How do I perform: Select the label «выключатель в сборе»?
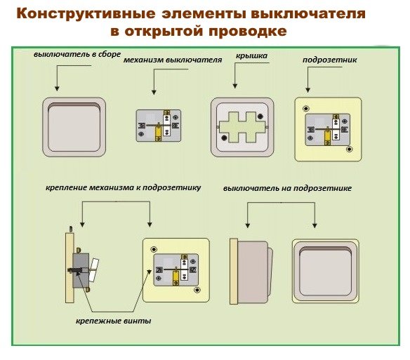(x=77, y=54)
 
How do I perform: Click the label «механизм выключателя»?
(x=173, y=60)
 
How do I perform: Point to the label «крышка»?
(x=251, y=56)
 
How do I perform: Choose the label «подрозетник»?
(x=329, y=60)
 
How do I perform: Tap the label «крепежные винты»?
(x=114, y=321)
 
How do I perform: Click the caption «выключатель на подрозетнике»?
(x=287, y=188)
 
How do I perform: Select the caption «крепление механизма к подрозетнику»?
(x=124, y=187)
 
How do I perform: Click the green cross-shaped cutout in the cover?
(x=242, y=127)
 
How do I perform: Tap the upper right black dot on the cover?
(x=260, y=116)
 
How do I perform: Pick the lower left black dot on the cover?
(x=224, y=138)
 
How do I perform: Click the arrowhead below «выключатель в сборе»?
(x=57, y=88)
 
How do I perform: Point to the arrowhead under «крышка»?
(x=234, y=86)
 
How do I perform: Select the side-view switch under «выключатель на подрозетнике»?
(x=251, y=271)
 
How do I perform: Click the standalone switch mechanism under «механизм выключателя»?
(x=159, y=126)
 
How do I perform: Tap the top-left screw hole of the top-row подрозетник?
(x=305, y=109)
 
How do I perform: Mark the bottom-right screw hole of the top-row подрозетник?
(x=349, y=149)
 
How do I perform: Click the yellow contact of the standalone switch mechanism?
(x=158, y=133)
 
